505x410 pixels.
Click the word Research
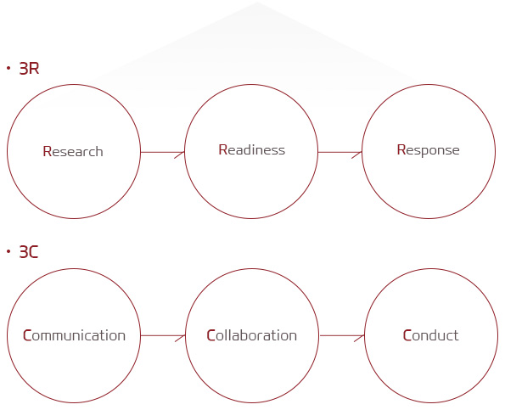point(73,151)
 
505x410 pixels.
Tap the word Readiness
point(252,149)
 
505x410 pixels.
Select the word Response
point(428,150)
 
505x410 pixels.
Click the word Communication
point(74,335)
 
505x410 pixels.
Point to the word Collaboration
point(251,335)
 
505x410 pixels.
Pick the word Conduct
point(430,335)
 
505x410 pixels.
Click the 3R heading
point(29,68)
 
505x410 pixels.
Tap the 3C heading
point(29,251)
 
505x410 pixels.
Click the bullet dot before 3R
point(8,68)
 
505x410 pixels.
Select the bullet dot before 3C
point(8,251)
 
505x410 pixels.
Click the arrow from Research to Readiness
point(163,152)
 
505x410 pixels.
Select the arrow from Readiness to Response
point(340,152)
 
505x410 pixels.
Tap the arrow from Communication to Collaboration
point(163,335)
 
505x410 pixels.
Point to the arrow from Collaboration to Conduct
point(342,335)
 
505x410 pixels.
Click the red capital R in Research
point(47,151)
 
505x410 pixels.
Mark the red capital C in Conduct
point(407,335)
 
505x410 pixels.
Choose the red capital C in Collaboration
point(210,335)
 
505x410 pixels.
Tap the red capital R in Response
point(401,149)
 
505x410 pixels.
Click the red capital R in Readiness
point(223,149)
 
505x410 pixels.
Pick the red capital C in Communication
point(27,335)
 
